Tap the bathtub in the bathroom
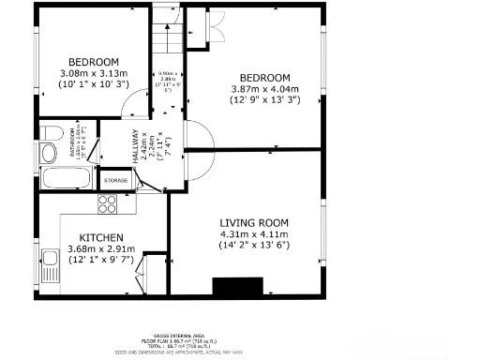66,178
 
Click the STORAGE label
115,179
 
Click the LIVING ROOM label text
253,222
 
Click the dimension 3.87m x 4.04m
264,88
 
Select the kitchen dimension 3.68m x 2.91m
101,248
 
